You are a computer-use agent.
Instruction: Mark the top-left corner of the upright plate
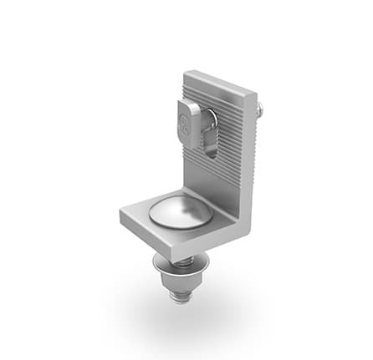[x=186, y=74]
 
